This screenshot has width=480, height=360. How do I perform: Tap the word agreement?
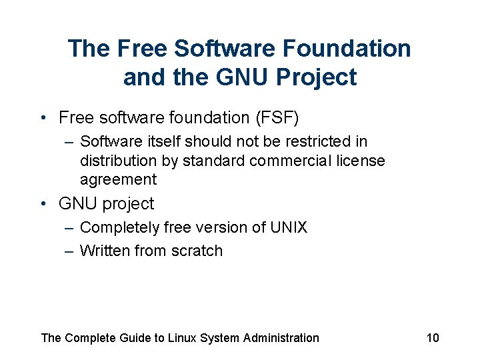click(118, 180)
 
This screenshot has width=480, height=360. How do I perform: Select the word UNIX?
click(288, 228)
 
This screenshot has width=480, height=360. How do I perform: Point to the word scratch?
click(198, 251)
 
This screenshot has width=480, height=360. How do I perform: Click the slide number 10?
click(433, 338)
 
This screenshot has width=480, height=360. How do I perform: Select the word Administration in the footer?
click(281, 338)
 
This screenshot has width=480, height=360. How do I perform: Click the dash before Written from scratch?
click(69, 251)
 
